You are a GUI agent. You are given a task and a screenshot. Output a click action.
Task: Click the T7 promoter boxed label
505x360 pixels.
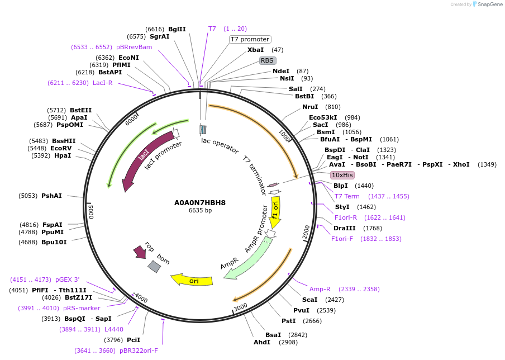coord(250,39)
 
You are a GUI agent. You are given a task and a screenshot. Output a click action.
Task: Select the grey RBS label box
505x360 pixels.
coord(267,60)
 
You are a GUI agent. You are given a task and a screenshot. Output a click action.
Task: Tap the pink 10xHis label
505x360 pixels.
coord(342,175)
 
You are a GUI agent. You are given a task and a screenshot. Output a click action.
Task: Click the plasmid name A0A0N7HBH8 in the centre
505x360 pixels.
coord(200,202)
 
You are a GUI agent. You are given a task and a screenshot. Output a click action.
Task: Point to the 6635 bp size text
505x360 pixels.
coord(200,211)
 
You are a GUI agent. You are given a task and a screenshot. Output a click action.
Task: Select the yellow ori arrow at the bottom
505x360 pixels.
coord(192,280)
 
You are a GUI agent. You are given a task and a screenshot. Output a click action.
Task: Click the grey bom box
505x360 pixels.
coord(154,267)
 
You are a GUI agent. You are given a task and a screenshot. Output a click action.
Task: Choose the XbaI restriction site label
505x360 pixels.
coord(255,50)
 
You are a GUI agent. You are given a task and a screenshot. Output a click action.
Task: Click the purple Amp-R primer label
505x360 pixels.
coord(320,289)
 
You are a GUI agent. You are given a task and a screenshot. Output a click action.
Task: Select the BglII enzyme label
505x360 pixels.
coord(177,29)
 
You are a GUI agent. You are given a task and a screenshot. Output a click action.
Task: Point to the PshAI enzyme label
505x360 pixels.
coord(51,196)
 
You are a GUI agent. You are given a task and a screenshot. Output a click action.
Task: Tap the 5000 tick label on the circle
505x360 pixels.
coord(91,211)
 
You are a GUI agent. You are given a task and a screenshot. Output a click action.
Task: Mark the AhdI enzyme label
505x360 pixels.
coord(261,342)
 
